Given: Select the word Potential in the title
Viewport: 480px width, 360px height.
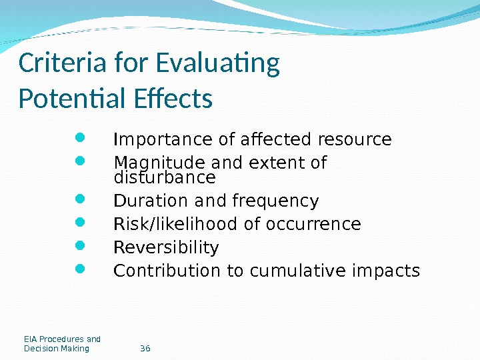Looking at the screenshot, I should (64, 99).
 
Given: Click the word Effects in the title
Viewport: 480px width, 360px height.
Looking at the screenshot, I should (173, 99).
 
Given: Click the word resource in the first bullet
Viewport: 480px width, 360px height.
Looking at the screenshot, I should (355, 140).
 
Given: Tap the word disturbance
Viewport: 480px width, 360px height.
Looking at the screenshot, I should (165, 178).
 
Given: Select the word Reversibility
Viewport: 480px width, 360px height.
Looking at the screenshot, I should (167, 248).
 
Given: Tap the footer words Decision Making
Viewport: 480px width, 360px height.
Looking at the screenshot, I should (57, 349).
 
